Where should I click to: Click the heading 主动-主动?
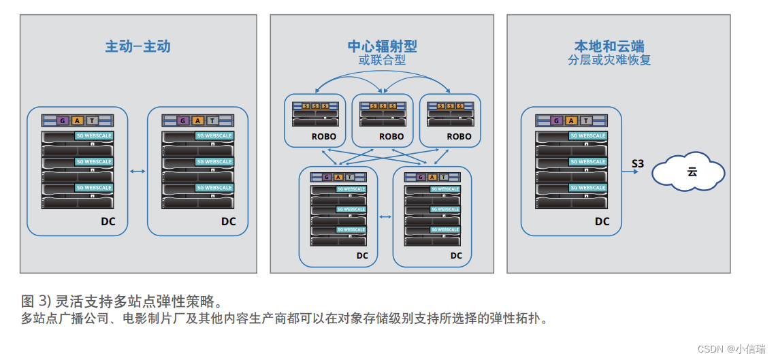pyautogui.click(x=138, y=47)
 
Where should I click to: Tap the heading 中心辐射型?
pyautogui.click(x=382, y=46)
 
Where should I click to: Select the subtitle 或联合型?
pyautogui.click(x=382, y=60)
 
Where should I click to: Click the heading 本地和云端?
pyautogui.click(x=609, y=46)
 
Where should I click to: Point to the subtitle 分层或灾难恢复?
pyautogui.click(x=609, y=60)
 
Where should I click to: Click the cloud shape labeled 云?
pyautogui.click(x=688, y=171)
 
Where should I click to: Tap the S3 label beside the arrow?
pyautogui.click(x=637, y=163)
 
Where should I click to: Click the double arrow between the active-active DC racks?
pyautogui.click(x=138, y=171)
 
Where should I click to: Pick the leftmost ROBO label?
pyautogui.click(x=325, y=136)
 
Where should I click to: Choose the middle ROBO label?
pyautogui.click(x=391, y=136)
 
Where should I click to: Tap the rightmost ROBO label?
pyautogui.click(x=459, y=136)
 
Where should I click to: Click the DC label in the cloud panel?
pyautogui.click(x=602, y=221)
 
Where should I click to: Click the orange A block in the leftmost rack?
pyautogui.click(x=77, y=120)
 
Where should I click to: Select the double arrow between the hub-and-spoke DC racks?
pyautogui.click(x=385, y=217)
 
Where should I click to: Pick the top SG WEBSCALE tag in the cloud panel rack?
pyautogui.click(x=587, y=135)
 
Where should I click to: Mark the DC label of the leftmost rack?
pyautogui.click(x=108, y=221)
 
